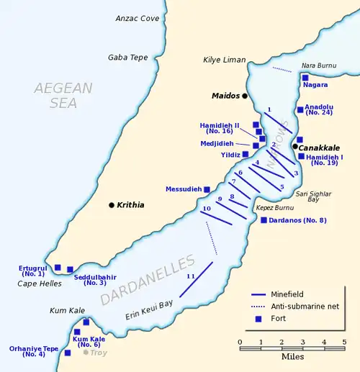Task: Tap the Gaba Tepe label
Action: pyautogui.click(x=127, y=58)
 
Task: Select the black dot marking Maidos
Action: pyautogui.click(x=245, y=96)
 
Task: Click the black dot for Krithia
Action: pyautogui.click(x=111, y=205)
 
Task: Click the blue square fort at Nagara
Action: pyautogui.click(x=305, y=78)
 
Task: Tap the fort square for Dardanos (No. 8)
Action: pyautogui.click(x=264, y=220)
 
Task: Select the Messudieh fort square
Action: pyautogui.click(x=207, y=189)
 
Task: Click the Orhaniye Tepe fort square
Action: pyautogui.click(x=68, y=353)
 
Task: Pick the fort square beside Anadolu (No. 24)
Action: pyautogui.click(x=300, y=110)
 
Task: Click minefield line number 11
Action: pyautogui.click(x=195, y=279)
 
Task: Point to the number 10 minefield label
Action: pyautogui.click(x=206, y=209)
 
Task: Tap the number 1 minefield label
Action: pyautogui.click(x=269, y=110)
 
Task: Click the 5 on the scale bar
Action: pyautogui.click(x=344, y=342)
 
